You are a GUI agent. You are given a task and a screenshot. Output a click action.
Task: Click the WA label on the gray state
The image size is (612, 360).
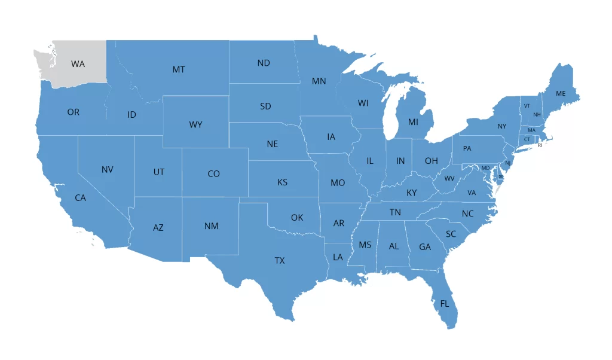pos(78,63)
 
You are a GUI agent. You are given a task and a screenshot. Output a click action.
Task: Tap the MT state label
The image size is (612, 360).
pos(179,69)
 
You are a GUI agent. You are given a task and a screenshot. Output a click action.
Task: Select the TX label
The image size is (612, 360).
pos(280,260)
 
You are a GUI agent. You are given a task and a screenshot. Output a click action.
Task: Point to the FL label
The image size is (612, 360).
pos(444,303)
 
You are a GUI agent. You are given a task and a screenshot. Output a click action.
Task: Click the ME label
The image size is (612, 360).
pos(561,94)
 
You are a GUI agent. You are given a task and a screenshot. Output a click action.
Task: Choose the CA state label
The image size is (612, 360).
pos(80,197)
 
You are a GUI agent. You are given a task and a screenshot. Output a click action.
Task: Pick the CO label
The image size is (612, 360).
pos(213,174)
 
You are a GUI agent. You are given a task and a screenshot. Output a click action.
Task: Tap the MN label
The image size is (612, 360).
pos(319,81)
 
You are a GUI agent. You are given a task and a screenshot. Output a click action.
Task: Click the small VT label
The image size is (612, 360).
pos(527,106)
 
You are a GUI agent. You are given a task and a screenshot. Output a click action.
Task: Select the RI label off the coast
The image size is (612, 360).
pos(540,145)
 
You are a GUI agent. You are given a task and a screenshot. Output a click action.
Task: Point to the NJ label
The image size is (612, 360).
pos(507,163)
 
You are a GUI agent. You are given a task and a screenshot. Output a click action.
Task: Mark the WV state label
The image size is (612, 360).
pos(449,178)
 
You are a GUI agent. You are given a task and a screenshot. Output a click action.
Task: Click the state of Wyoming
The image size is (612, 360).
pos(195,125)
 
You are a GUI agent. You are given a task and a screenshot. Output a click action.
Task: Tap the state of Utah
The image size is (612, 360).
pos(158,172)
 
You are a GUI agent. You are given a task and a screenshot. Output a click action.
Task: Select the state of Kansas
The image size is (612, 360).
pos(283,182)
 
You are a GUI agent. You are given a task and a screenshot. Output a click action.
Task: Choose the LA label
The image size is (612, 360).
pos(338,257)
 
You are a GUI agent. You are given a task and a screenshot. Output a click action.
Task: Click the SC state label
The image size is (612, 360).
pos(451,234)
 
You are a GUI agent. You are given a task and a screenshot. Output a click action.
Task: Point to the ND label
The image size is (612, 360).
pos(264,63)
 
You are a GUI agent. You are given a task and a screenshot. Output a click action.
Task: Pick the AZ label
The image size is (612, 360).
pos(158,227)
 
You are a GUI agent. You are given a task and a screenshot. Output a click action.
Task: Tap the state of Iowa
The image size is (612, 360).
pos(331,137)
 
